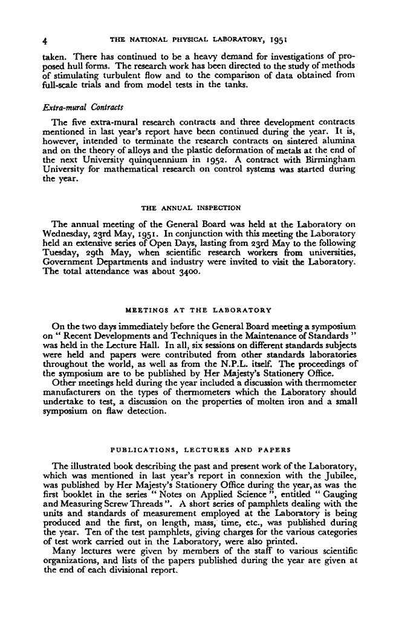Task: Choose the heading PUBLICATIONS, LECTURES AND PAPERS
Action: pyautogui.click(x=193, y=450)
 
